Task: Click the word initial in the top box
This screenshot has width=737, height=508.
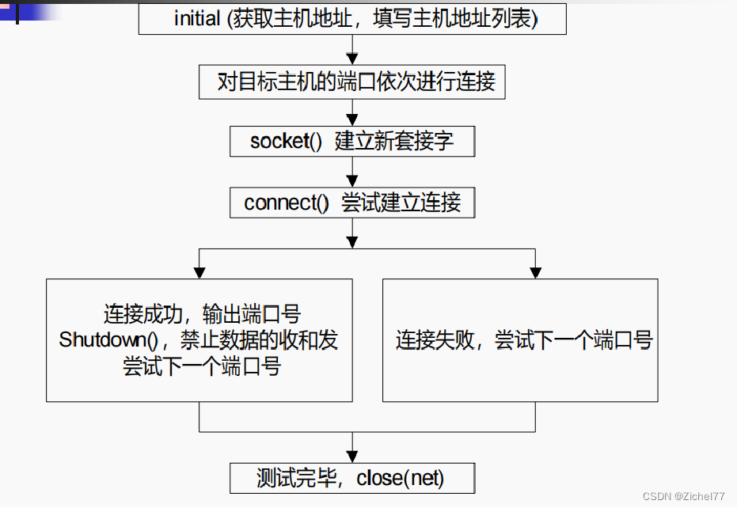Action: (196, 19)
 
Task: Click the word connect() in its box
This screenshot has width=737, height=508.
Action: (286, 203)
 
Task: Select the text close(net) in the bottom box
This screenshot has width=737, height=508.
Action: (401, 478)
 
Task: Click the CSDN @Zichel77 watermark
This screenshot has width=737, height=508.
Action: (683, 496)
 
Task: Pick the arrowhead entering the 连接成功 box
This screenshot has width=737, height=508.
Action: (199, 273)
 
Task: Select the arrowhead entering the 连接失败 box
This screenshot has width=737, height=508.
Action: (536, 273)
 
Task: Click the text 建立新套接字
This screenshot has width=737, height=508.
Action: (394, 142)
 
